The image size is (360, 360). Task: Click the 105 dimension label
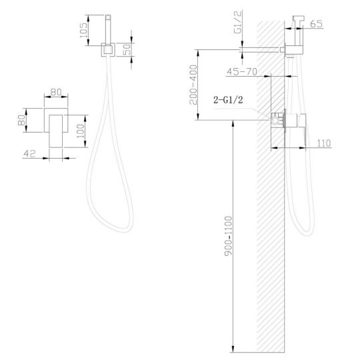click(83, 30)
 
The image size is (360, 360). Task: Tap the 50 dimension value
click(127, 49)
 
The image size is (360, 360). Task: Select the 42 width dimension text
click(29, 153)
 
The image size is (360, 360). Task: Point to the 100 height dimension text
click(81, 131)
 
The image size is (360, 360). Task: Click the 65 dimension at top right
click(316, 24)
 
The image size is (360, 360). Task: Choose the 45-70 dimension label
click(242, 71)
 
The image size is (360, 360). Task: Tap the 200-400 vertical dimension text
click(193, 85)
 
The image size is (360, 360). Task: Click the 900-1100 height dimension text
click(228, 236)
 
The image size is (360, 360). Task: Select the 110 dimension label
click(324, 143)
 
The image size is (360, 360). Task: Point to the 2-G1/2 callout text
click(228, 100)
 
